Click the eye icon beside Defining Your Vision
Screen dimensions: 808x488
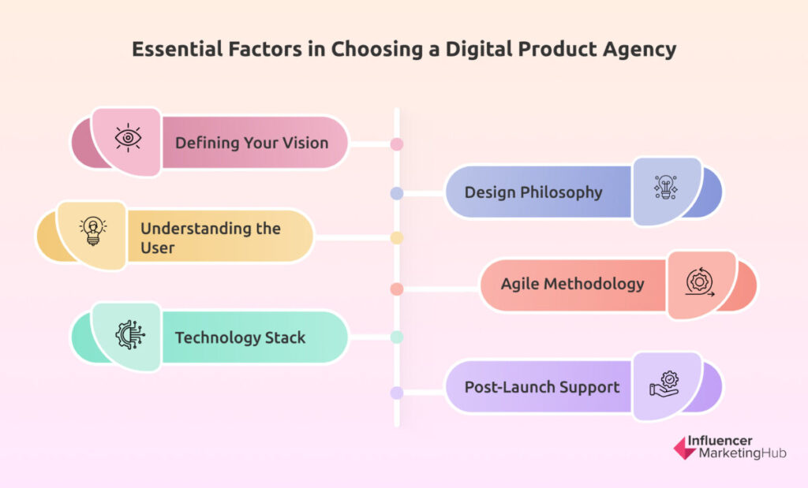(x=128, y=138)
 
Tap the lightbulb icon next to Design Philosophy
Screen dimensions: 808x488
(x=666, y=187)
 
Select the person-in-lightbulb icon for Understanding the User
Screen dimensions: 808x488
(x=93, y=231)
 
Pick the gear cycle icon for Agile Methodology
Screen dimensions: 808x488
(x=700, y=282)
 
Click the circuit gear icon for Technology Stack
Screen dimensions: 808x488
(x=130, y=334)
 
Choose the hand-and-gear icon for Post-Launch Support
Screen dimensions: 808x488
(x=664, y=384)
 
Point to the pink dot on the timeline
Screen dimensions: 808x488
(x=397, y=144)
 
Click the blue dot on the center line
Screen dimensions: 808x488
(x=397, y=194)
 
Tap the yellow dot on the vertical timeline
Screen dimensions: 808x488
(x=397, y=238)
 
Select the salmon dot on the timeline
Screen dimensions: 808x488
(x=397, y=289)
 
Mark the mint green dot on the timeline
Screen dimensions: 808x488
(x=397, y=337)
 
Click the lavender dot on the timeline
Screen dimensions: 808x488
(x=397, y=393)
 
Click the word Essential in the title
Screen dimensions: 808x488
(x=178, y=49)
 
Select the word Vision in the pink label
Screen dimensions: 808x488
(x=305, y=143)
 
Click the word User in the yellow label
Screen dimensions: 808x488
(x=158, y=248)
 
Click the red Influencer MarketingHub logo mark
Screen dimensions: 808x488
(x=685, y=448)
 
